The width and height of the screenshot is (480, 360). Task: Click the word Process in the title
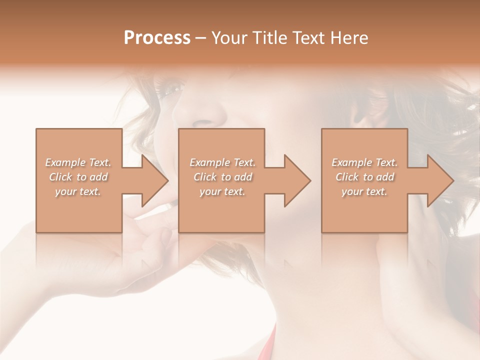[x=157, y=38]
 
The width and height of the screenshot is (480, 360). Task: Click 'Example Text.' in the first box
[x=78, y=162]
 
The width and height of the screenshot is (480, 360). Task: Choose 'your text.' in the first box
[x=78, y=191]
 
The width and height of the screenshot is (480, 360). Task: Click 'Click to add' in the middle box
[x=222, y=177]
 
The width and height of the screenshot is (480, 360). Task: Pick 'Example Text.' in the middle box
[x=222, y=162]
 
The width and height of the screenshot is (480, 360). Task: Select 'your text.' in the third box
[x=364, y=191]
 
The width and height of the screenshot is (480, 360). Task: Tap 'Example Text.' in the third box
[x=364, y=162]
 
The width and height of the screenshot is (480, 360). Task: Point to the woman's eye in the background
[x=172, y=89]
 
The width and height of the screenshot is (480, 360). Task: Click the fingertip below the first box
[x=166, y=235]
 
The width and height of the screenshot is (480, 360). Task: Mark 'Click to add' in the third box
[x=364, y=177]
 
